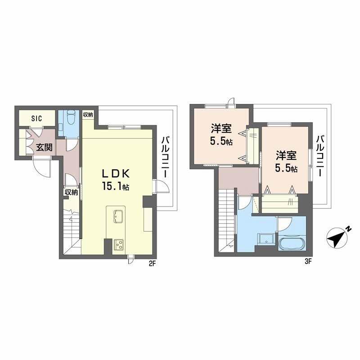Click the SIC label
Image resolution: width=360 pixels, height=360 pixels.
coord(37,118)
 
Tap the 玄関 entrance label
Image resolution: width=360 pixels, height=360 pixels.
coord(44,147)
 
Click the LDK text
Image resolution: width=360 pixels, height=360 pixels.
coord(116,174)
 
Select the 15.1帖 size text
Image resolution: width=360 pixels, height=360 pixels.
coord(116,186)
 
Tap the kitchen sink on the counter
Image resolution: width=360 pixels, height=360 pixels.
coord(118,216)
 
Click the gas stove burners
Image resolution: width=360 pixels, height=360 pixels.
coord(119,244)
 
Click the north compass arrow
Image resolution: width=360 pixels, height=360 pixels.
coord(337,238)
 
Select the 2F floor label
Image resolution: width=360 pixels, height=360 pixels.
coord(153,264)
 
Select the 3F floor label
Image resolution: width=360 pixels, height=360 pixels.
coord(308,261)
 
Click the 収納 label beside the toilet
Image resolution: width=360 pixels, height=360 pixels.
coord(88,115)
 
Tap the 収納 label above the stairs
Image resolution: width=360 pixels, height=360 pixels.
coord(71,192)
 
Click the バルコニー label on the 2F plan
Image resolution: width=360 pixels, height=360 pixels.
coord(166,157)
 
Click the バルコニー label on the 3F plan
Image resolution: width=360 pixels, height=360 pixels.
coord(320,156)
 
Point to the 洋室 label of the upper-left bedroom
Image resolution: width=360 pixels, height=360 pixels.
coord(221,129)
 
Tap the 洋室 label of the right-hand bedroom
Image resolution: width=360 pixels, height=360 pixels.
coord(286,156)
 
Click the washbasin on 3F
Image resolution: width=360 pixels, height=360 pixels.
coord(266,239)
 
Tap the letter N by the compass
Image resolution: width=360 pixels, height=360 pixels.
coord(349,229)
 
